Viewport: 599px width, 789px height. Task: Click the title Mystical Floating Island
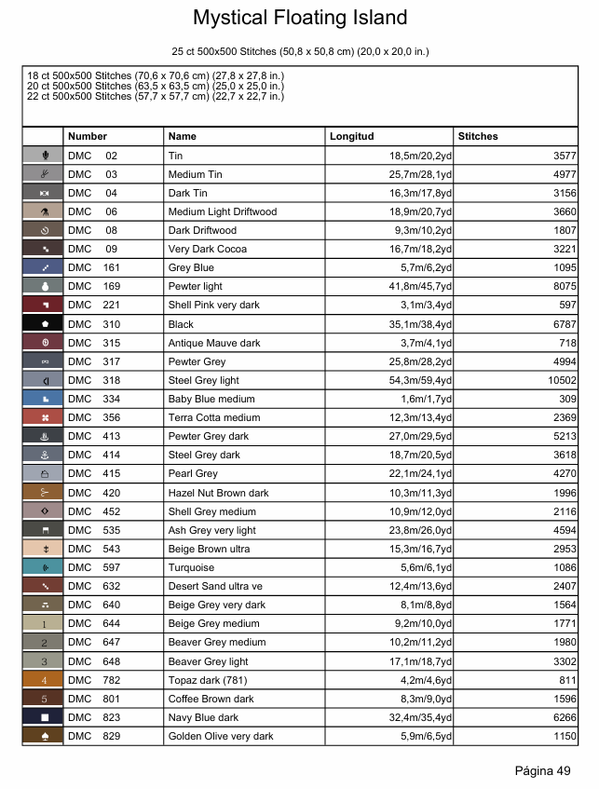(300, 18)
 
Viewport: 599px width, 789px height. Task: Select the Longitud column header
(351, 136)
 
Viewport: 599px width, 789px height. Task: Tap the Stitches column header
(478, 136)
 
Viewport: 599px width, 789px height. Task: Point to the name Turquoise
(191, 567)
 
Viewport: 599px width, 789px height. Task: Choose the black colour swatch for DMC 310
(43, 324)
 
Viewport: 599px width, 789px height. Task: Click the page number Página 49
(542, 770)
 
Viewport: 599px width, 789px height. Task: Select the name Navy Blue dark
(203, 717)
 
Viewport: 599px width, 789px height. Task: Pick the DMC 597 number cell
(93, 567)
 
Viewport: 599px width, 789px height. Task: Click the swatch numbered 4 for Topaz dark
(43, 680)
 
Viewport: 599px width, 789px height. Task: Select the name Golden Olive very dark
(221, 736)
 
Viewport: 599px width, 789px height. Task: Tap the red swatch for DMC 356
(43, 417)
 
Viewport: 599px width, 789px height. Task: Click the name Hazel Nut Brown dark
(218, 493)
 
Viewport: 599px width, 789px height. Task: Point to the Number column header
(88, 136)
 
